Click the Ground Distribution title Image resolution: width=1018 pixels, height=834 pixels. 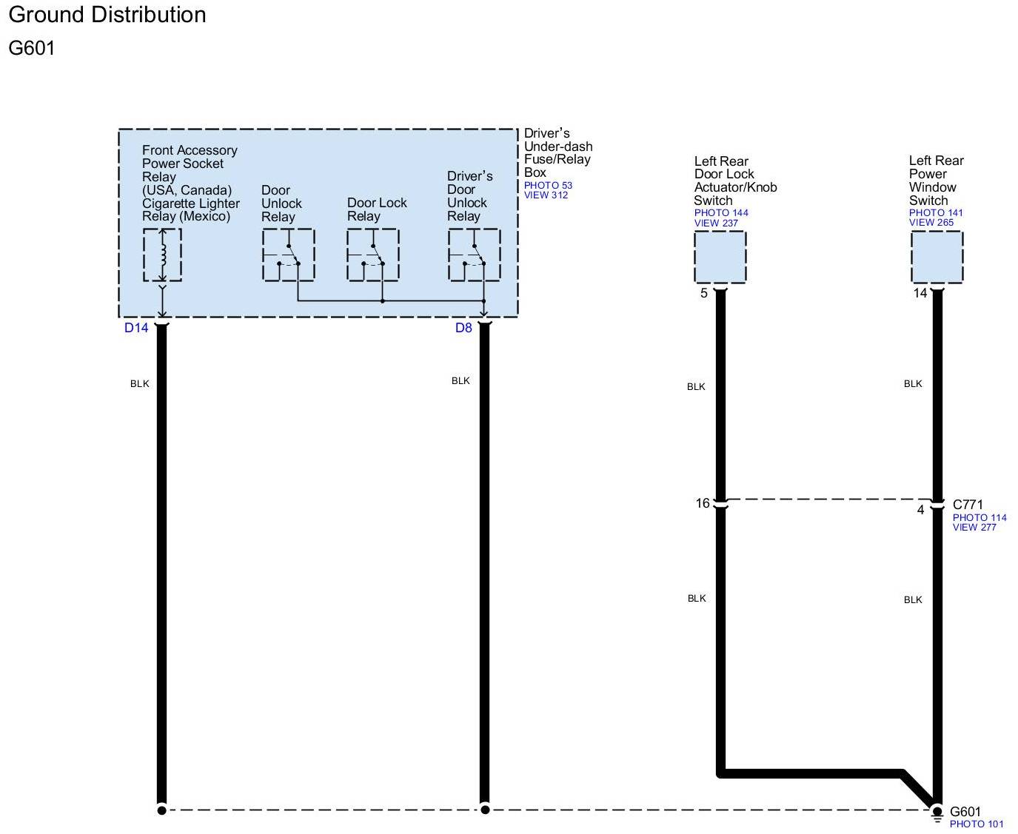[107, 15]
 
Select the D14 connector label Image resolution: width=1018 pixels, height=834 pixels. [136, 328]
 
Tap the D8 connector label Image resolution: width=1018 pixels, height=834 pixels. [463, 328]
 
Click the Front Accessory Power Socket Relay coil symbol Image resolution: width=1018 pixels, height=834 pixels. [162, 255]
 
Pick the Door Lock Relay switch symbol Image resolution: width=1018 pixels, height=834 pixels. [373, 255]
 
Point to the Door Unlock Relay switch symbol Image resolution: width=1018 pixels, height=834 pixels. [288, 255]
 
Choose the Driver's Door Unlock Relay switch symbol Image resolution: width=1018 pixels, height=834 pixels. [474, 255]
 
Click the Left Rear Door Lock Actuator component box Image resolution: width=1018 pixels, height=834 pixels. [720, 257]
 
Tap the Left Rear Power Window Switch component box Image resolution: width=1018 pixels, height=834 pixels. [937, 257]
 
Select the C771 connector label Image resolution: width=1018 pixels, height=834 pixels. [968, 505]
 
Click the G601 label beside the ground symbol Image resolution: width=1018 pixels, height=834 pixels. [965, 812]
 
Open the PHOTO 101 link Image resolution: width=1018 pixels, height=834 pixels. [977, 824]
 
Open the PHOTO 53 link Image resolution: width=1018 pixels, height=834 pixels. [548, 186]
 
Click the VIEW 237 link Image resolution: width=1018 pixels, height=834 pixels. [716, 223]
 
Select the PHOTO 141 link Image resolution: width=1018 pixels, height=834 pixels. [936, 213]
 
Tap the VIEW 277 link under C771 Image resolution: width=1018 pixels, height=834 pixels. [974, 528]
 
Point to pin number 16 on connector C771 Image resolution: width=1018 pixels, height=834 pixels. [703, 503]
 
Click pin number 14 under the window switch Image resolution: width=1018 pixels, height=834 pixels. [920, 293]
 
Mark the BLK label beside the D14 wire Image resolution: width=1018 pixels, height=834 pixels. [140, 383]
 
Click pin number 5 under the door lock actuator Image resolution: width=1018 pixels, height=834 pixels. [704, 293]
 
